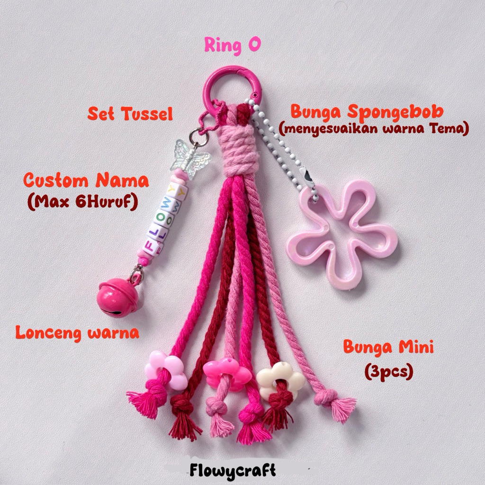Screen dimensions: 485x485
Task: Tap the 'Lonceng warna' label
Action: (77, 332)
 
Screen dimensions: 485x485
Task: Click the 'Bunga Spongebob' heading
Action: (367, 112)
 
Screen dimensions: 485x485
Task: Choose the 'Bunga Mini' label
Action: (388, 348)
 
